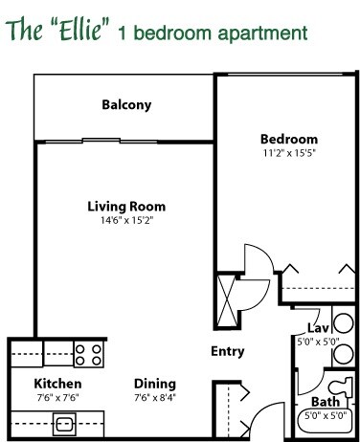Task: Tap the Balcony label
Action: coord(127,105)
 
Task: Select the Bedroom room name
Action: coord(288,138)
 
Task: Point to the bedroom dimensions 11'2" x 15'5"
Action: coord(288,152)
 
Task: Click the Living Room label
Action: coord(126,207)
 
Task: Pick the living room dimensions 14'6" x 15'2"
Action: coord(126,220)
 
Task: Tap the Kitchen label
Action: coord(38,384)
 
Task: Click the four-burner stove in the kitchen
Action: coord(89,355)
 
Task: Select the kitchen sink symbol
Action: coord(66,420)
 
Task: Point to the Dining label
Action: coord(154,384)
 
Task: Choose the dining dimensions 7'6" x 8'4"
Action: coord(154,396)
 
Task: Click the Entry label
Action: coord(227,351)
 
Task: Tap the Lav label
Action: coord(317,327)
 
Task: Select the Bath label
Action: coord(323,402)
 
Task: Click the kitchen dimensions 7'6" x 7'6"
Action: coord(38,396)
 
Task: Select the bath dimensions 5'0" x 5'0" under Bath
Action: coord(324,416)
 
